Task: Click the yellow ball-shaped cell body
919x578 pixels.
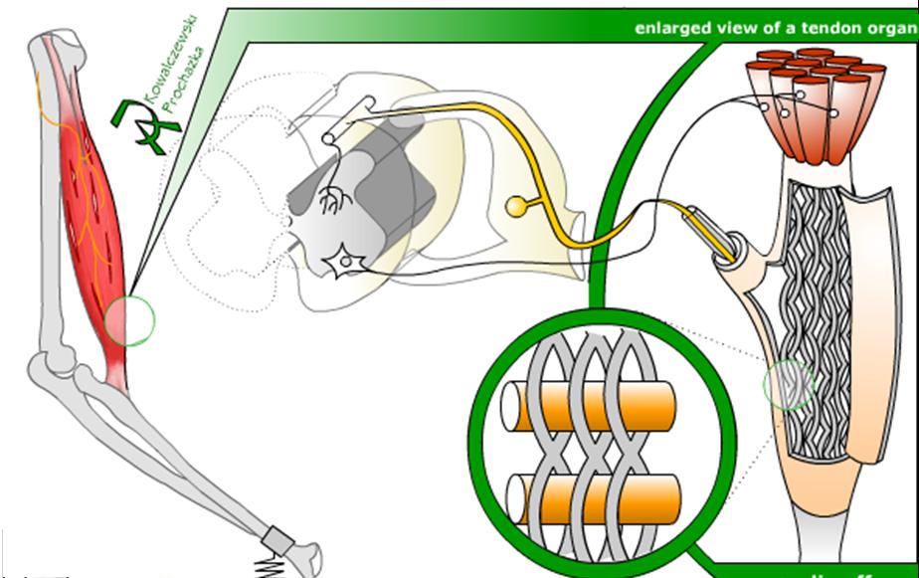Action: [517, 207]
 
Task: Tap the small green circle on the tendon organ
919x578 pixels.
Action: [789, 385]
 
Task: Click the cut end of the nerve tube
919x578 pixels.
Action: [735, 249]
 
